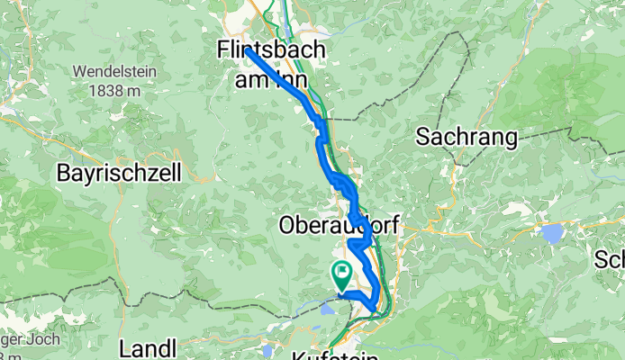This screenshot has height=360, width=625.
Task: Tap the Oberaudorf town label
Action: [339, 223]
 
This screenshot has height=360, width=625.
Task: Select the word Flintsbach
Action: [272, 51]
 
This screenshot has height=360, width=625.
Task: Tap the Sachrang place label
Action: [466, 138]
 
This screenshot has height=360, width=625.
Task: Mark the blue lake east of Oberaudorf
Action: [549, 233]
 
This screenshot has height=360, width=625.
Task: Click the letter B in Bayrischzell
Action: [62, 171]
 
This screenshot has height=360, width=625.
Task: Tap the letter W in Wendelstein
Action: [80, 71]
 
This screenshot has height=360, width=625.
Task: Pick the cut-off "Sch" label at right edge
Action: [610, 261]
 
